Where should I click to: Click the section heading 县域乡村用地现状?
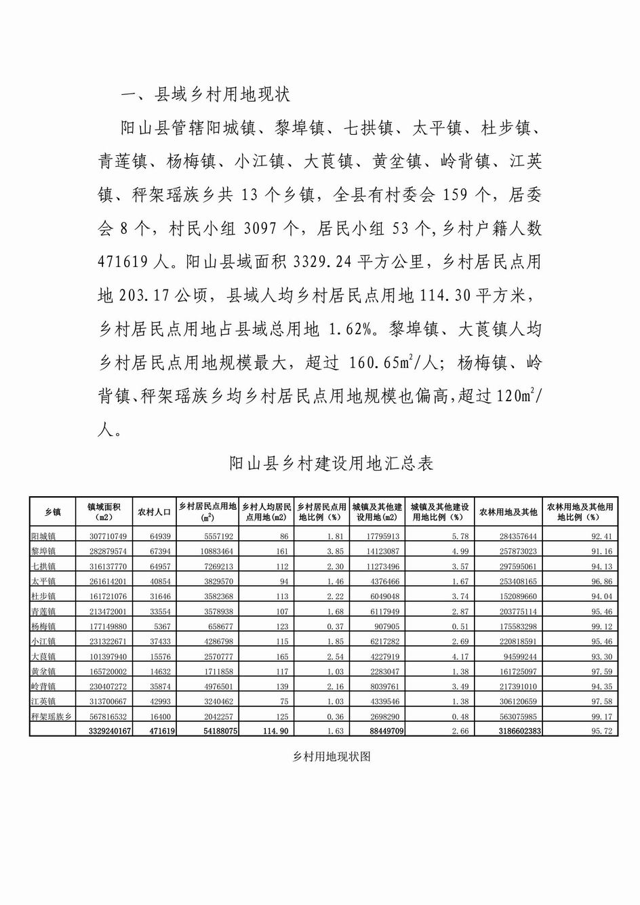222,94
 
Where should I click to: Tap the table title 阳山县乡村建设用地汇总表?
331,464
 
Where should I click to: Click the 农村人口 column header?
155,512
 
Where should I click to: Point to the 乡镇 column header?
53,512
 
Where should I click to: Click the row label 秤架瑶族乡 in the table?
52,716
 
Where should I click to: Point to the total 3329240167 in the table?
107,731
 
